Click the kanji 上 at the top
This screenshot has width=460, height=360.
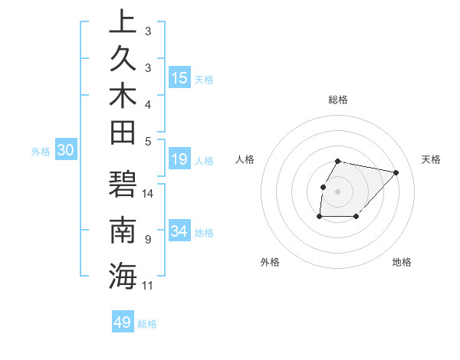click(x=123, y=22)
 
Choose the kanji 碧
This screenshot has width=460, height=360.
click(x=123, y=186)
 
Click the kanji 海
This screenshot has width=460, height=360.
click(x=123, y=275)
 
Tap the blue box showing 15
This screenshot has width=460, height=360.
click(x=179, y=78)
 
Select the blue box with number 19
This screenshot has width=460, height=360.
click(x=179, y=160)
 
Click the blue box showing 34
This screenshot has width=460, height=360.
click(x=179, y=231)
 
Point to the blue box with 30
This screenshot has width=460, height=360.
click(x=65, y=151)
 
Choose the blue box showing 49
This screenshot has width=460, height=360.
click(x=123, y=322)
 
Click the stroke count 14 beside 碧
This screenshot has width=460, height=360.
click(x=148, y=194)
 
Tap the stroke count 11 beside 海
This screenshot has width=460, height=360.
click(x=148, y=286)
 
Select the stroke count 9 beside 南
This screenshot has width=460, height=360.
click(x=148, y=240)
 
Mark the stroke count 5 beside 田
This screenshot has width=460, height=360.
click(x=148, y=141)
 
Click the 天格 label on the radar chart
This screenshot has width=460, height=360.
click(x=432, y=159)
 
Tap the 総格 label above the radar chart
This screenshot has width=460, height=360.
click(x=338, y=100)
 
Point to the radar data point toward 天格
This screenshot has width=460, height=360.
click(x=396, y=173)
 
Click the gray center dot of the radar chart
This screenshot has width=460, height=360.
click(x=338, y=191)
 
